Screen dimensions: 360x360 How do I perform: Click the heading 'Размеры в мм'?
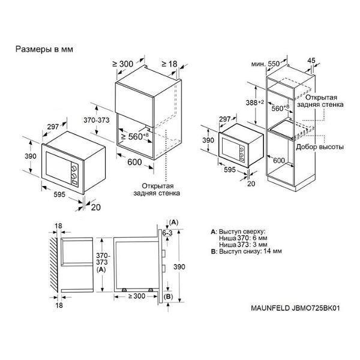44,49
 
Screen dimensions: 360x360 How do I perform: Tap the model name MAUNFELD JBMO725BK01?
295,308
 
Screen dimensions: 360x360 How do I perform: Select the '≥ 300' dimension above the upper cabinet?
123,64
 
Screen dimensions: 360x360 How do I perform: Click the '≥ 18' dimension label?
169,64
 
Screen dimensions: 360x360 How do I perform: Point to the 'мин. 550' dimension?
266,64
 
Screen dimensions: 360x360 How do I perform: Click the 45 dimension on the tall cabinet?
311,61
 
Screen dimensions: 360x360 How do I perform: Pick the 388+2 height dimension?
254,103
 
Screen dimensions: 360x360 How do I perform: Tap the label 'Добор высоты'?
320,147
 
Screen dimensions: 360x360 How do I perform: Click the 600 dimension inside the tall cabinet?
279,160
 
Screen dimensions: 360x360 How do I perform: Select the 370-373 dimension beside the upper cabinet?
97,120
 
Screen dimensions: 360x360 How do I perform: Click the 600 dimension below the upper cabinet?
134,162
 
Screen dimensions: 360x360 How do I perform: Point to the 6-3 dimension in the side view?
167,233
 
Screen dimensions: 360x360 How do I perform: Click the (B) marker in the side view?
168,296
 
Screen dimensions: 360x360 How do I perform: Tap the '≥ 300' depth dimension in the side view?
137,296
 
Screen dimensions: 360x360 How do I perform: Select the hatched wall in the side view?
54,265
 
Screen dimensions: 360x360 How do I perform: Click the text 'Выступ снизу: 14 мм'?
250,251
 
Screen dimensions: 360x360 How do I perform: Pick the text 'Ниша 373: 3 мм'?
243,245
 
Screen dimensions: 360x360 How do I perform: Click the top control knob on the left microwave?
74,169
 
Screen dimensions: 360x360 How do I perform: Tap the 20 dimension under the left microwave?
96,208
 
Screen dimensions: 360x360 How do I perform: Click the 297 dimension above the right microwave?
225,119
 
